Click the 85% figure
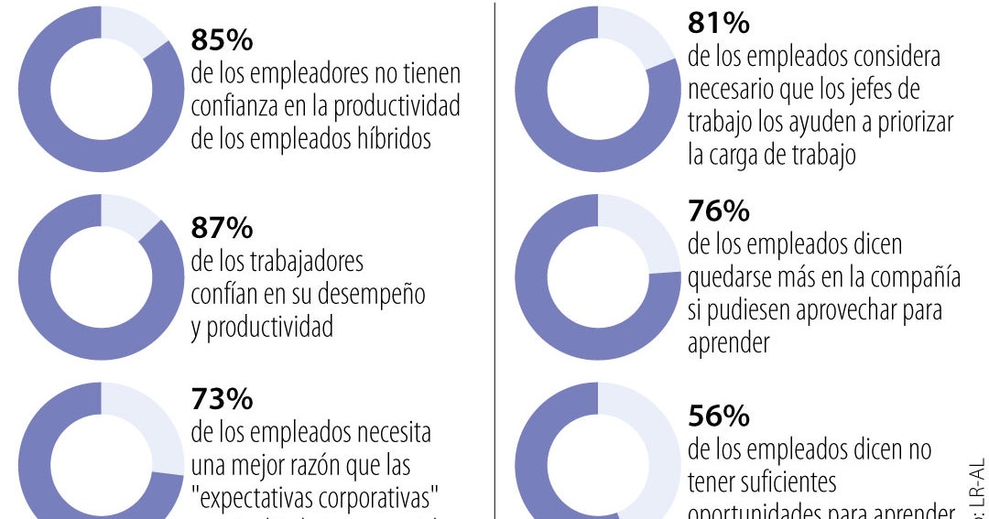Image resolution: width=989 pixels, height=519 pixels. click(222, 40)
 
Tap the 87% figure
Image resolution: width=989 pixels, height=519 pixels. click(222, 227)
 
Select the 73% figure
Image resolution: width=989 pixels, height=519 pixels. click(222, 399)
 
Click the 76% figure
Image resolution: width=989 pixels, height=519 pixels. click(719, 211)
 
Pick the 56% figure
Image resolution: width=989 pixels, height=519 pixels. click(719, 416)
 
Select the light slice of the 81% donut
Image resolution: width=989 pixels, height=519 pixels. click(632, 32)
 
